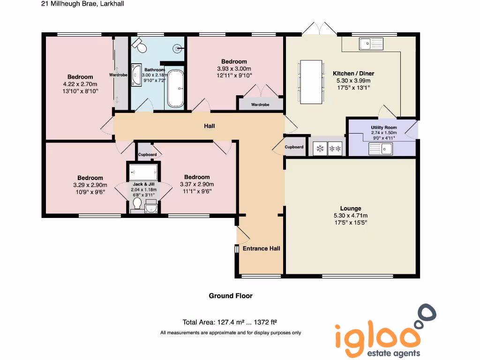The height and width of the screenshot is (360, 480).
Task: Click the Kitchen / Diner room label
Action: click(x=353, y=74)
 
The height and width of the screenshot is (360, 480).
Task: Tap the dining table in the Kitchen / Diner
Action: click(x=311, y=82)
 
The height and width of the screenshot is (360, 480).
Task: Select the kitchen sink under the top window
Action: click(x=371, y=44)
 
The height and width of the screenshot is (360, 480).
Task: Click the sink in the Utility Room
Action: click(x=380, y=149)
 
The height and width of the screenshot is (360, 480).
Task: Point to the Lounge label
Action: click(x=351, y=209)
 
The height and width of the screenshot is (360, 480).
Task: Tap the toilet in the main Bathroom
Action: click(x=139, y=45)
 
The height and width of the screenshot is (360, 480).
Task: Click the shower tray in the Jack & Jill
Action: click(x=143, y=172)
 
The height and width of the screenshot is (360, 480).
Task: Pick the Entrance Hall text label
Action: click(x=261, y=248)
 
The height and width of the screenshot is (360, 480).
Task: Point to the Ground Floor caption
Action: click(x=231, y=296)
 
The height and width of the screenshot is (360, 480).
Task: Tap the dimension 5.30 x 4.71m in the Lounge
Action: click(x=351, y=216)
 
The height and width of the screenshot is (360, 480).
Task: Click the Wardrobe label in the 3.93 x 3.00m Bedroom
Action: click(x=260, y=105)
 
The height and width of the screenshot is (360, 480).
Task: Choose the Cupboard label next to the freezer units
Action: click(x=294, y=147)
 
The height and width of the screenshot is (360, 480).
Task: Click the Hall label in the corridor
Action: click(x=209, y=126)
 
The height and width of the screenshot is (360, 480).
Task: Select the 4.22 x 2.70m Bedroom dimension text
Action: click(x=80, y=84)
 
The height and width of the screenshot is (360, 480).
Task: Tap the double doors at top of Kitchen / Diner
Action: click(x=319, y=29)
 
